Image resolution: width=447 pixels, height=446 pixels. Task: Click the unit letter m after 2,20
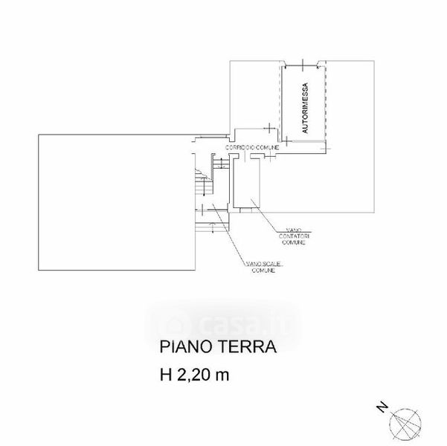[x=223, y=376]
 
